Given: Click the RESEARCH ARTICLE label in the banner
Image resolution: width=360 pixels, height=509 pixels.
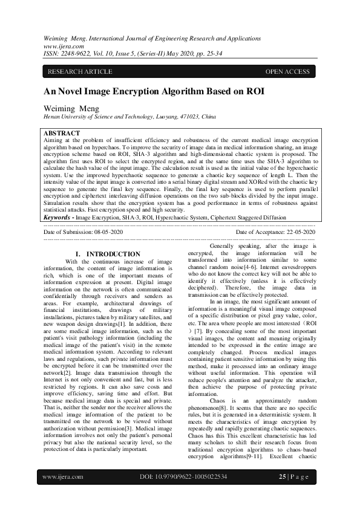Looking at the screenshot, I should click(x=80, y=72).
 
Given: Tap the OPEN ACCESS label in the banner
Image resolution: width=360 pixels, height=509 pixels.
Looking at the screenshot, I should click(x=287, y=72).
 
